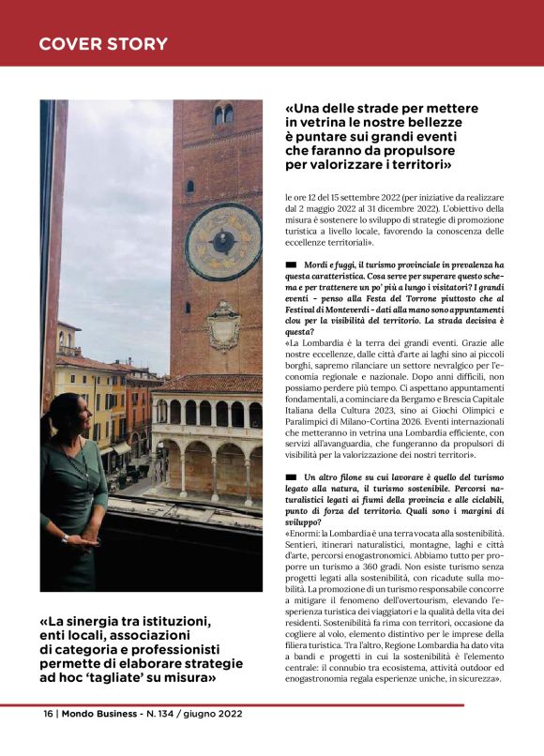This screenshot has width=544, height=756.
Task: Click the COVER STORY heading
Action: coord(103,44)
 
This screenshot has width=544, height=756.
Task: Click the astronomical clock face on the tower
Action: coord(223,241)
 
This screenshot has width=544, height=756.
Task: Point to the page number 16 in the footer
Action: coord(47,713)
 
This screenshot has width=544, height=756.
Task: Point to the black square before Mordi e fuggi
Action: coord(291,265)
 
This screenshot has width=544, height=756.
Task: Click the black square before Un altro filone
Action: coord(291,477)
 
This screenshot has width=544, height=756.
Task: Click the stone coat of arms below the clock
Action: coord(223,325)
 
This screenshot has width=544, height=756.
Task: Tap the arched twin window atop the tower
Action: coord(224,114)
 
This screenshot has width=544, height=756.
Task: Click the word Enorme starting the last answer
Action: coord(306,534)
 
